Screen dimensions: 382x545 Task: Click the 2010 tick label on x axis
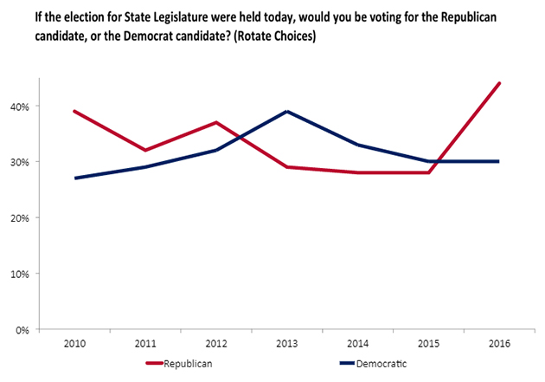75,345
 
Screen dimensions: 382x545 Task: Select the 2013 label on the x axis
287,345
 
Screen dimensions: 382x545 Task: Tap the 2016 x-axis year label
499,345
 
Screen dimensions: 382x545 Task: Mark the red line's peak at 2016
499,84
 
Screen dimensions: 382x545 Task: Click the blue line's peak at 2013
287,112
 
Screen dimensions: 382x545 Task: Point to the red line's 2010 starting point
75,112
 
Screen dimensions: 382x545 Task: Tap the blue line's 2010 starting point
75,178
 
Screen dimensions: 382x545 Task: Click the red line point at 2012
216,123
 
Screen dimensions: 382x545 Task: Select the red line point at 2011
146,151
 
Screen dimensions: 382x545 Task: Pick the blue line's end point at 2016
499,162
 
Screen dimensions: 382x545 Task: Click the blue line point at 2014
358,145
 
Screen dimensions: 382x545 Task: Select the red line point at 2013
287,167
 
